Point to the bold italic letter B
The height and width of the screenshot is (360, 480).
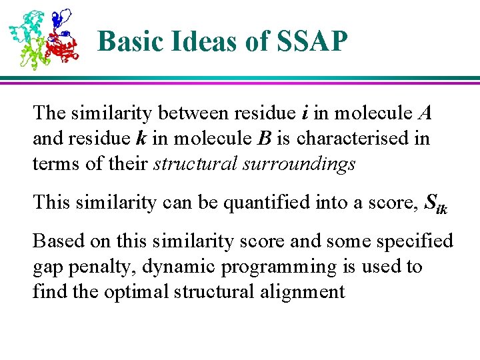(x=264, y=139)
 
